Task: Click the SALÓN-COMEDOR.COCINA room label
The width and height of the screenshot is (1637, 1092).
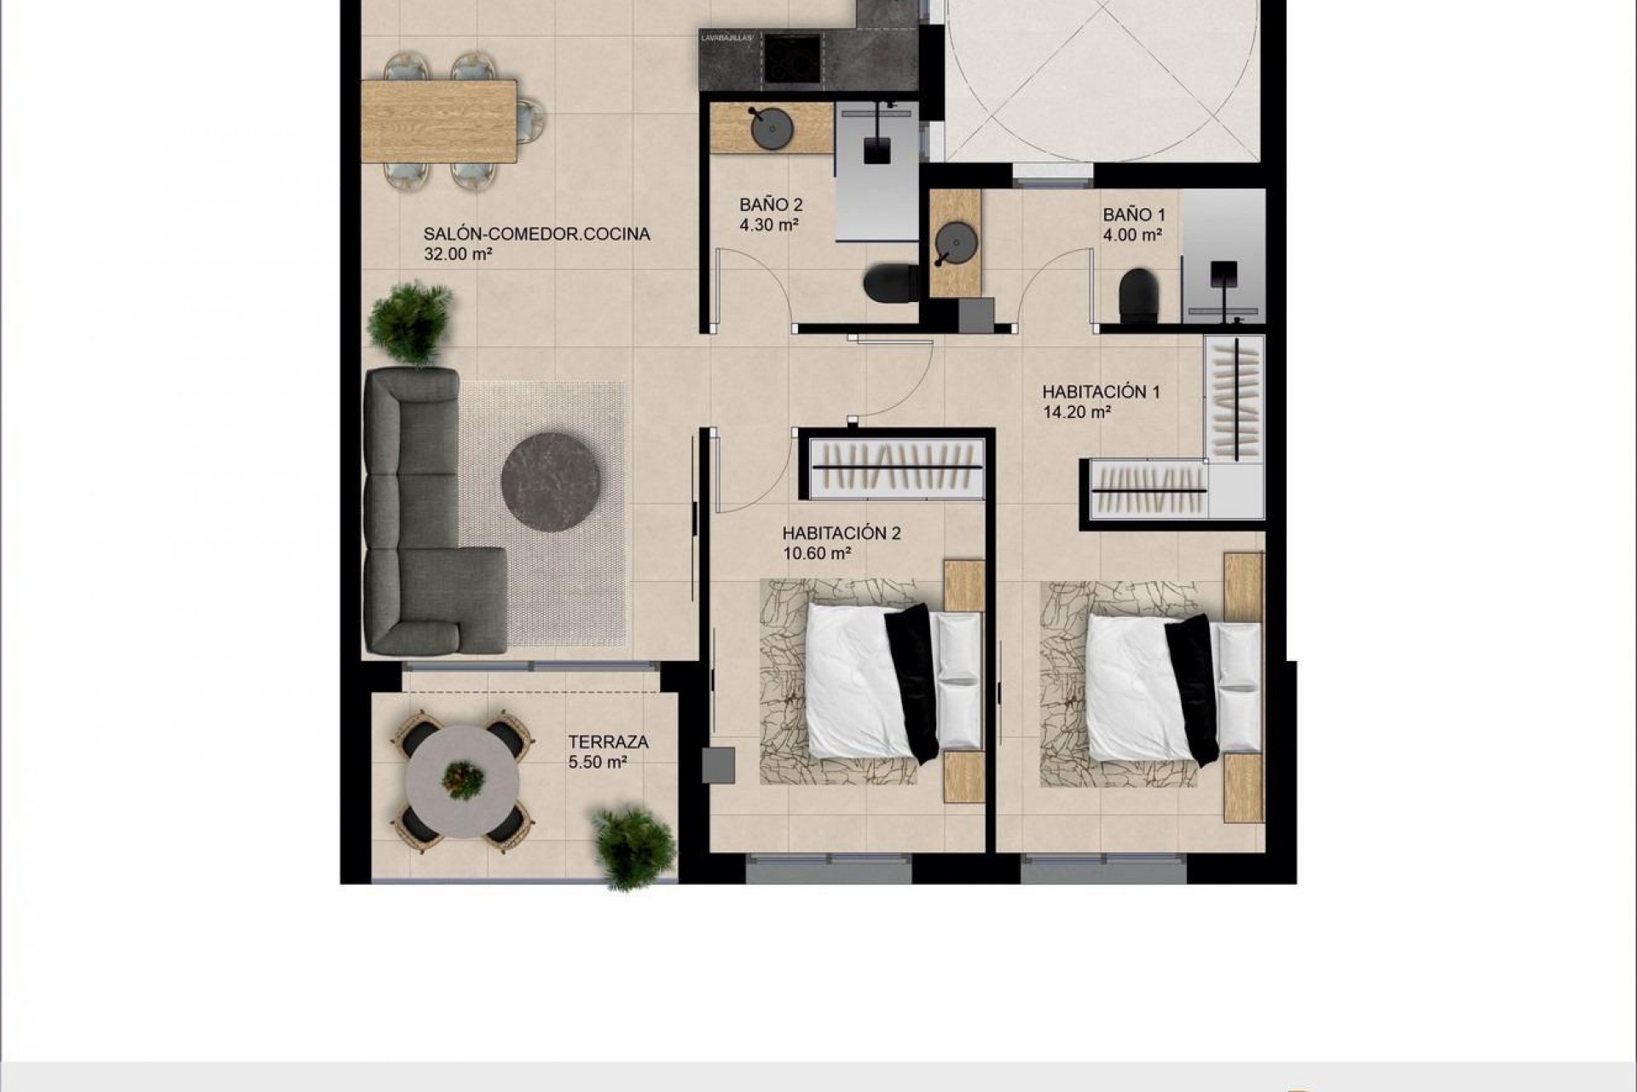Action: (x=536, y=234)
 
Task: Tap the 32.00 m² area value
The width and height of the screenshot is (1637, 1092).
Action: (x=458, y=253)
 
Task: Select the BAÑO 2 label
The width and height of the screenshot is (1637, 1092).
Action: (x=771, y=206)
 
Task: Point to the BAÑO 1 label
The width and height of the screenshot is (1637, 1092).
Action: (x=1133, y=215)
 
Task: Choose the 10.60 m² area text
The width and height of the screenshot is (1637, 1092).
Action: (x=818, y=554)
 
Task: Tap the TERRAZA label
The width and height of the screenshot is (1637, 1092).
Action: (x=608, y=742)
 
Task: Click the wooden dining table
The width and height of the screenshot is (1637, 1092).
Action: (x=439, y=121)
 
